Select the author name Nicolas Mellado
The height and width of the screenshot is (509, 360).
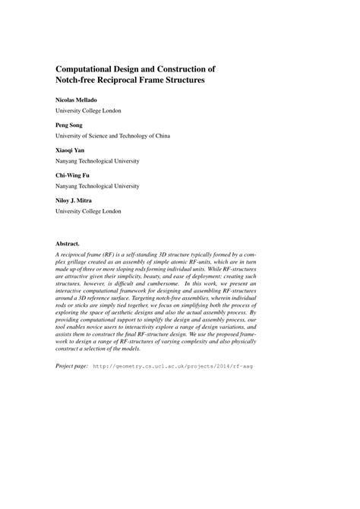click(81, 100)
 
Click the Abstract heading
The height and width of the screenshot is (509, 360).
click(69, 245)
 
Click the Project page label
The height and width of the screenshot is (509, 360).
click(72, 366)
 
